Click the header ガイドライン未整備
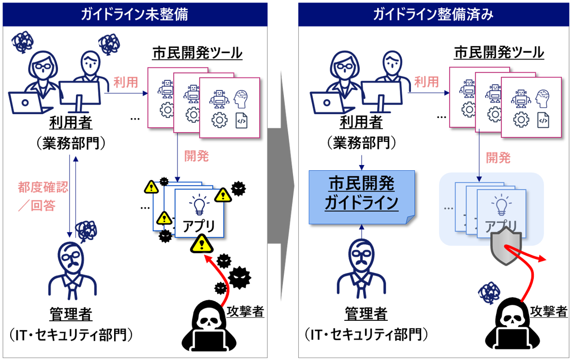[x=134, y=15]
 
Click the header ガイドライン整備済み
[x=433, y=15]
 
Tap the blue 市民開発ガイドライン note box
[x=362, y=197]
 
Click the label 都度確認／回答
[x=43, y=196]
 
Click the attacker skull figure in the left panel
[x=209, y=326]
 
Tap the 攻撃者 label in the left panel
[x=245, y=311]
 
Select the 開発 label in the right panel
[x=498, y=158]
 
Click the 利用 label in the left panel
[x=126, y=82]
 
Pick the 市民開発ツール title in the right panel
[x=499, y=52]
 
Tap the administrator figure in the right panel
[x=361, y=269]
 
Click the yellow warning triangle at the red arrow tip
[x=202, y=244]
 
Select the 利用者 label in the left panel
[x=71, y=122]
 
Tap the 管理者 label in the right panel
[x=366, y=314]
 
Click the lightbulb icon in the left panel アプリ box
[x=199, y=205]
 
